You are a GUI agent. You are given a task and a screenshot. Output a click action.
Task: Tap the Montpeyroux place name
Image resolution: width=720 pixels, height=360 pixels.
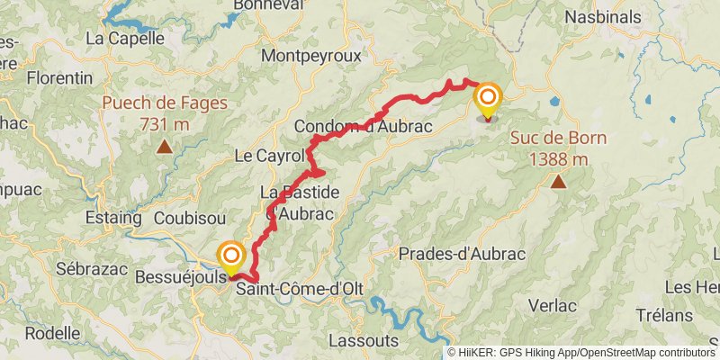coord(310,56)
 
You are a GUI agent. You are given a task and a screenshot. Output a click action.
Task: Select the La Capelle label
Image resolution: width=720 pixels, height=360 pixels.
coord(124,38)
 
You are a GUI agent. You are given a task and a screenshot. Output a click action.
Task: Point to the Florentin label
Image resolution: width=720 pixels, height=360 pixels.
coord(60,78)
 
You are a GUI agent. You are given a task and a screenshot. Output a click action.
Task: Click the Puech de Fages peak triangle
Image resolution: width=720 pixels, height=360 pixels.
coord(165,147)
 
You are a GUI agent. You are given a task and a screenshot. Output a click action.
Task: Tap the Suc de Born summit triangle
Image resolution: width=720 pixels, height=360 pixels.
coord(559,183)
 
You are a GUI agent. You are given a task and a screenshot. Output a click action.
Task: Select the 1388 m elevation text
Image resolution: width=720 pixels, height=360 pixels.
coord(559,159)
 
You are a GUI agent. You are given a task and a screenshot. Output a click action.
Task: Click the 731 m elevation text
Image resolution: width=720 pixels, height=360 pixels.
coord(165,123)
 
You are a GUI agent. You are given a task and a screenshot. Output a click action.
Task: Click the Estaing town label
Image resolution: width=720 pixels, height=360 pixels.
coord(112,218)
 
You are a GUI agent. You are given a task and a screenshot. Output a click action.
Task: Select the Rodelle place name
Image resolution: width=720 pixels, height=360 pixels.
coord(52,333)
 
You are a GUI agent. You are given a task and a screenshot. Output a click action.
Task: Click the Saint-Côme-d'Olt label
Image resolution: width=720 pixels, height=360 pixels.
coord(293,289)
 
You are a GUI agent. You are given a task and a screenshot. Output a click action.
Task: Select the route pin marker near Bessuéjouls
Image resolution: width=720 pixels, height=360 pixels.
coord(231,257)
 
